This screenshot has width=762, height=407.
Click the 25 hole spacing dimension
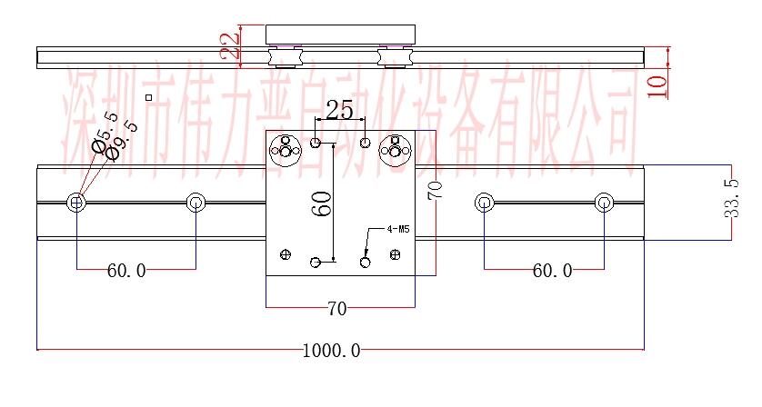tap(339, 111)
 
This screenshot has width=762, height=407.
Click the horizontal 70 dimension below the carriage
tap(336, 309)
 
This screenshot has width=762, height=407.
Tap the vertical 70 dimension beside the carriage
tap(435, 190)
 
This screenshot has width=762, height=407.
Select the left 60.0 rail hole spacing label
tap(125, 271)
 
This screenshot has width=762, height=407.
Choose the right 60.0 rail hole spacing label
tap(552, 271)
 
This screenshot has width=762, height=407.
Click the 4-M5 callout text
tap(401, 230)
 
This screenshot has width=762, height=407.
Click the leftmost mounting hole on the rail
tap(76, 202)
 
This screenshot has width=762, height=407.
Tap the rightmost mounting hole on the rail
tap(604, 202)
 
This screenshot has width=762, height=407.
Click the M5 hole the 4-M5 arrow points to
tap(366, 263)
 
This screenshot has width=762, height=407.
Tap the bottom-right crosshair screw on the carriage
tap(395, 255)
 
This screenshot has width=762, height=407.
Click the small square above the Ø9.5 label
tap(148, 97)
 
